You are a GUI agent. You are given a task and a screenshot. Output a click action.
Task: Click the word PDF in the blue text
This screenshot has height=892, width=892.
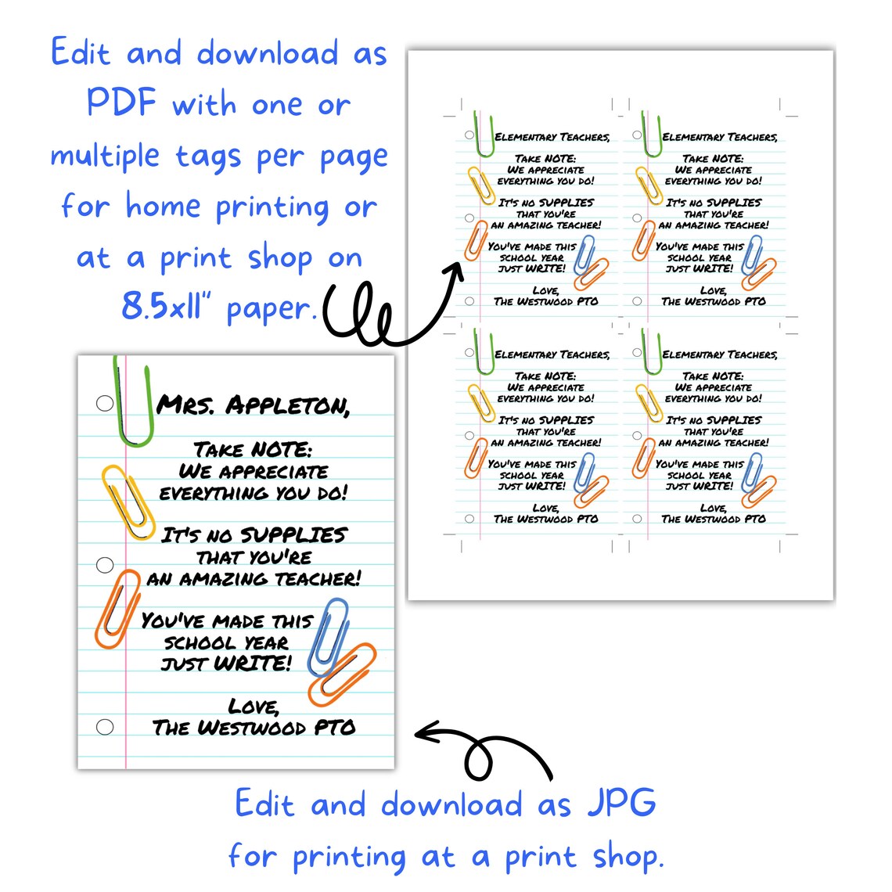[x=121, y=103]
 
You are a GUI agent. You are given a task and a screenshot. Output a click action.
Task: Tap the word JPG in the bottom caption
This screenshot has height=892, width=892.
[x=621, y=804]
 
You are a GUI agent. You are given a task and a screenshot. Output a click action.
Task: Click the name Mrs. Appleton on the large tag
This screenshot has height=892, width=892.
[x=253, y=405]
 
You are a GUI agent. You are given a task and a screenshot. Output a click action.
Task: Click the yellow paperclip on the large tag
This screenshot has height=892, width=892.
[x=128, y=502]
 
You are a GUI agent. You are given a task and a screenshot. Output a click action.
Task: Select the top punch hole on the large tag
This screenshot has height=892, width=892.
[x=105, y=403]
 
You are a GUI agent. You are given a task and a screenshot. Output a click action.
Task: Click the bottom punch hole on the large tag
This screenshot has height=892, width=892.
[x=105, y=727]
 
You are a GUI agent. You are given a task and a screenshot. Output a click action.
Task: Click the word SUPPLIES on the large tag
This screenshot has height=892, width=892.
[x=293, y=535]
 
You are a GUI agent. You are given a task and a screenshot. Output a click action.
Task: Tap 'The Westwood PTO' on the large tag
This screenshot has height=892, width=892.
[x=254, y=728]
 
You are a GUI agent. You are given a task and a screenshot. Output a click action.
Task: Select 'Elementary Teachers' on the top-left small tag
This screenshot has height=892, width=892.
[x=552, y=137]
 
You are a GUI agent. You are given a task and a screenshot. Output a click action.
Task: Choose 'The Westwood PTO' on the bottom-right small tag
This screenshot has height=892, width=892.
[x=713, y=519]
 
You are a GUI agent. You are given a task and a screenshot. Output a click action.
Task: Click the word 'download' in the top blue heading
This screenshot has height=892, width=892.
[x=268, y=53]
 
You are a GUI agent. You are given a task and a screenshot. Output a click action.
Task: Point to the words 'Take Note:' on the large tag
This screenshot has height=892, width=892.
[x=252, y=450]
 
